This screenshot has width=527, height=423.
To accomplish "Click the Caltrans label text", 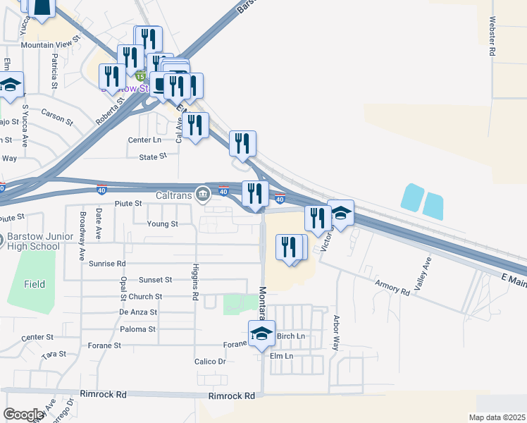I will [x=174, y=193].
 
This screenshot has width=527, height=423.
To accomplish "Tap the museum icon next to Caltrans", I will [x=203, y=192].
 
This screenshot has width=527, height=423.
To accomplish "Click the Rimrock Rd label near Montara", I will [x=231, y=396].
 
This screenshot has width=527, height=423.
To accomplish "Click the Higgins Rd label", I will [x=194, y=281].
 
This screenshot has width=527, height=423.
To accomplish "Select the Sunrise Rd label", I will [x=108, y=264].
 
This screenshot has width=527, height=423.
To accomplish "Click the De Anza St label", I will [x=138, y=312].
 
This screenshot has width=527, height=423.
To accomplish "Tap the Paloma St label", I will [x=137, y=329].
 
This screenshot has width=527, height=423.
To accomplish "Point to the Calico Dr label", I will [x=210, y=362].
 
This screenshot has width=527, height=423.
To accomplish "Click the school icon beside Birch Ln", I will [x=261, y=334].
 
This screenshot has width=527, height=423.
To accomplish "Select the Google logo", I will [x=24, y=414].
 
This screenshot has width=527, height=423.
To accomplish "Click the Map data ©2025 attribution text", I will [x=497, y=417].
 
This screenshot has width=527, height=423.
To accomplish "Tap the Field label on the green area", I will [x=34, y=285].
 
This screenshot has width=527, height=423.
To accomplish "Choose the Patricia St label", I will [x=54, y=71].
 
